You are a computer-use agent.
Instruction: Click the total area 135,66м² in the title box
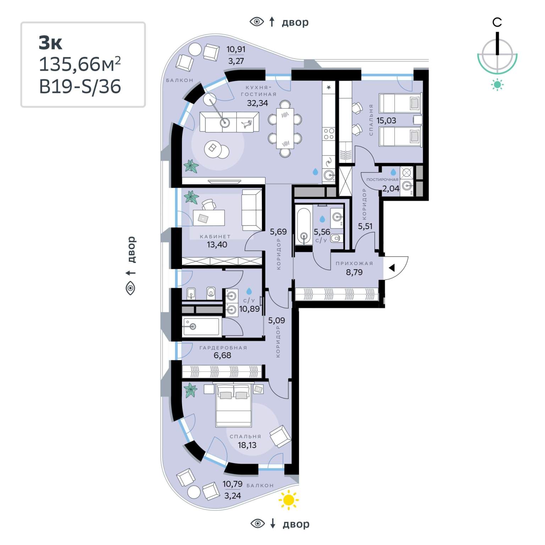coord(80,64)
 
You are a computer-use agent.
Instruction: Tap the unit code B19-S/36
coord(80,87)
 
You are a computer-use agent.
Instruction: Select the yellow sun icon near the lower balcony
coord(288,500)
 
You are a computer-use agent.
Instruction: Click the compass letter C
coord(497,22)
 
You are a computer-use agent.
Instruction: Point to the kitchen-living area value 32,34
coord(257,103)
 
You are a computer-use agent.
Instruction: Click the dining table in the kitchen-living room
coord(285,128)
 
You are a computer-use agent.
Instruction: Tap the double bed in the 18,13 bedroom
coord(234,405)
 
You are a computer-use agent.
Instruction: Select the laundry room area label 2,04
coord(391,188)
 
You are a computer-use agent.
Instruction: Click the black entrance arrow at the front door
coord(392,268)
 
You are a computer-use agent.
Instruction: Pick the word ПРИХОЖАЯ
coord(354,263)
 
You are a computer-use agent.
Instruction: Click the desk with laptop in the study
coord(209,218)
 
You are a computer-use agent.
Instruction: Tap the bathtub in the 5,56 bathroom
coord(304,226)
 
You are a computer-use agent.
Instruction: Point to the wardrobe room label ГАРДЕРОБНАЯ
coord(223,348)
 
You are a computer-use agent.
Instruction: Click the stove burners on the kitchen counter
coord(329,134)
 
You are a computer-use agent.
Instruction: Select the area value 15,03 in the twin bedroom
coord(386,121)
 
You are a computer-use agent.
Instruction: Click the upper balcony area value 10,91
coord(236,49)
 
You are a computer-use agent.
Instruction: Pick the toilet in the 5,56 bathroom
coord(336,238)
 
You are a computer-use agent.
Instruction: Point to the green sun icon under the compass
coord(497,84)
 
